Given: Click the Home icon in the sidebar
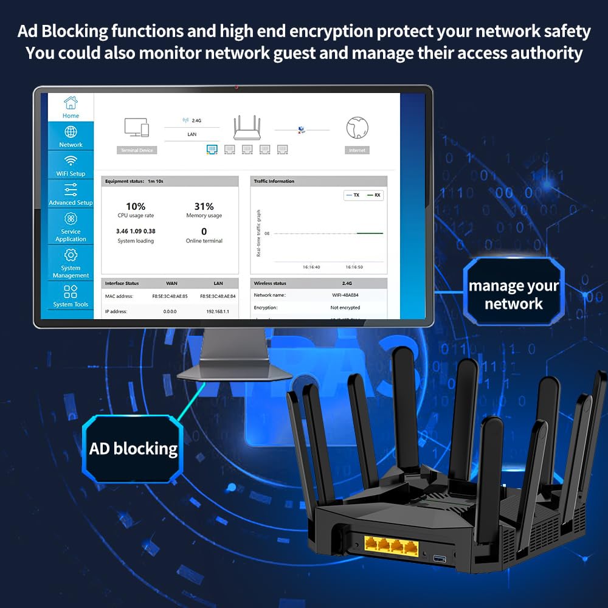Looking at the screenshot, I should (71, 102).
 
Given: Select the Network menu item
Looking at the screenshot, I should (71, 136).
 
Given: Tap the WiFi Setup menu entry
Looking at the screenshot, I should (71, 165).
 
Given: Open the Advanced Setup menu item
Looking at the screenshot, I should (71, 195).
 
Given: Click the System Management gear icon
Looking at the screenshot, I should (71, 255).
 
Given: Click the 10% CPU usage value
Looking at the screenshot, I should (136, 207).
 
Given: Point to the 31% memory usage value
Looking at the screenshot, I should (204, 207).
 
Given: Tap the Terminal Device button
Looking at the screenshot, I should (136, 150).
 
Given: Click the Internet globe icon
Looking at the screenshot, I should (357, 128).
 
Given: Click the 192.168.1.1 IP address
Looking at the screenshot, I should (218, 311).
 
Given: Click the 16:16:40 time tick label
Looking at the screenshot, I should (311, 267).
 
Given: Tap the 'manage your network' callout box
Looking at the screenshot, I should (513, 295).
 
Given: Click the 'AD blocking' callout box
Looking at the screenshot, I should (133, 449).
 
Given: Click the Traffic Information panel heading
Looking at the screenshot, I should (274, 181).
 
